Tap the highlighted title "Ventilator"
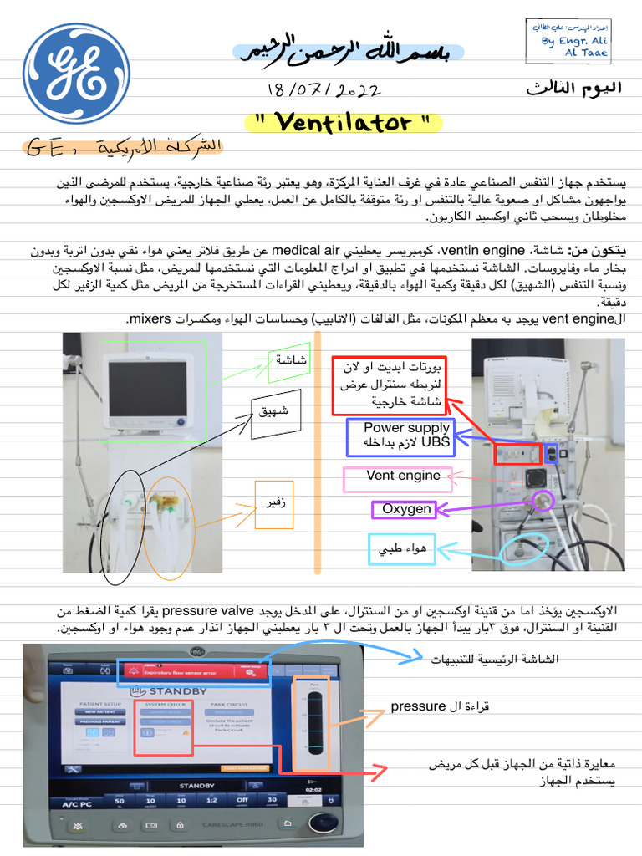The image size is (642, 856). tap(344, 123)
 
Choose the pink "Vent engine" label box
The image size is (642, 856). tap(397, 479)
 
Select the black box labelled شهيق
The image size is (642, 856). tap(275, 413)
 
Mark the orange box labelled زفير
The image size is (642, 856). tap(275, 504)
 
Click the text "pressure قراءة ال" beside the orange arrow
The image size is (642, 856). tap(440, 707)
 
